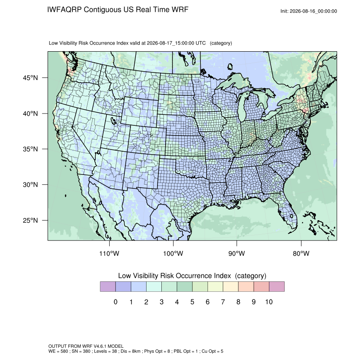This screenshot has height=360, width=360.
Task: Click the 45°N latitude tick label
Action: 30,78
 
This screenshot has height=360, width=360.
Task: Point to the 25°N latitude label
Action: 30,220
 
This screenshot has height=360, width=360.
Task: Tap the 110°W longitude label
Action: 109,253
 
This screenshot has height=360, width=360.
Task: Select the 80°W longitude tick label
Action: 301,253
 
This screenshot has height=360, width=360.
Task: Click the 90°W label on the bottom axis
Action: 236,253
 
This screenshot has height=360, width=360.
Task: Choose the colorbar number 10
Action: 269,302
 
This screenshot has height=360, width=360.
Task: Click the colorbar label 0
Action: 116,302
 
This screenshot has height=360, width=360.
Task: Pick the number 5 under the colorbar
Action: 192,302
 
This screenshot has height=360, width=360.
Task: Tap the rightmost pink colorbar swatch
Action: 277,287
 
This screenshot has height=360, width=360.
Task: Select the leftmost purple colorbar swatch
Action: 108,287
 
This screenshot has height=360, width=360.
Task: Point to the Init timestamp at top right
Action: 309,11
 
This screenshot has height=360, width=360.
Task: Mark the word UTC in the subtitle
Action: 200,43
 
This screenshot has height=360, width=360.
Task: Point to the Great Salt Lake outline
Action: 113,120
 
